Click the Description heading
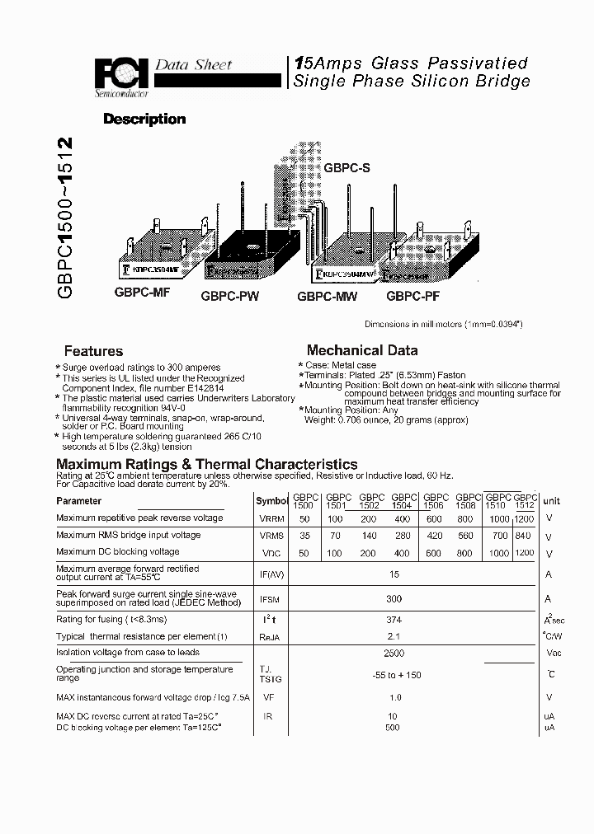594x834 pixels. click(144, 119)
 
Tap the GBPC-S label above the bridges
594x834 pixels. click(346, 168)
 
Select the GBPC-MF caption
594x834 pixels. click(141, 293)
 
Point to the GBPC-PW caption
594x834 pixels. click(230, 296)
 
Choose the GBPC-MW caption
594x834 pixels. click(327, 296)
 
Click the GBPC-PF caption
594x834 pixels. click(416, 295)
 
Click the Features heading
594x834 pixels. click(93, 351)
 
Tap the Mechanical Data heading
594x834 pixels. click(362, 350)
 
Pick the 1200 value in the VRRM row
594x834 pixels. click(524, 518)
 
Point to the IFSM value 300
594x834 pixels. click(394, 599)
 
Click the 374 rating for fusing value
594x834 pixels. click(394, 619)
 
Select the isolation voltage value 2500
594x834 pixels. click(394, 653)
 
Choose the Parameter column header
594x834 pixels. click(79, 501)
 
